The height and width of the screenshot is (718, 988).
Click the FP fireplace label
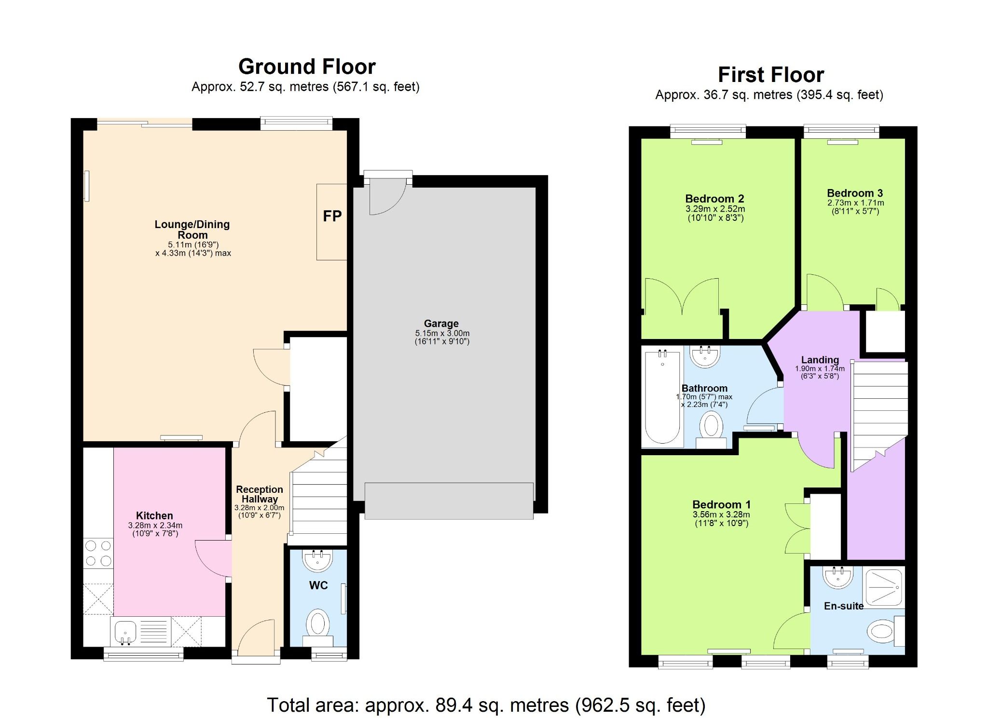(x=332, y=217)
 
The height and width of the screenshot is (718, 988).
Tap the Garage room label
(x=441, y=324)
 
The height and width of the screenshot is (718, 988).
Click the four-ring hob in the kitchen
(x=98, y=554)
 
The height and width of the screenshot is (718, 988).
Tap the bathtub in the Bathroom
(x=662, y=398)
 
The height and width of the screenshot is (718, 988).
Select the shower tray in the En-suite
(x=883, y=587)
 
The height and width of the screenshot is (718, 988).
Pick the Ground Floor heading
(x=307, y=67)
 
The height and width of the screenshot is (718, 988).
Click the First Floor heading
(x=770, y=75)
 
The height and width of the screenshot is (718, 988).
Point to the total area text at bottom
(x=486, y=705)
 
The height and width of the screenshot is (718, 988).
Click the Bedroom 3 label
(x=855, y=193)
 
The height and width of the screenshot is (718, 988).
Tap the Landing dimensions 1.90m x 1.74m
(x=820, y=369)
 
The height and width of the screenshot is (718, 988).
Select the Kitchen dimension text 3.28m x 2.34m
(x=155, y=526)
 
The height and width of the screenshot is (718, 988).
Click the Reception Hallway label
(x=259, y=494)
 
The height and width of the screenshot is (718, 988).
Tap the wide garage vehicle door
(x=449, y=501)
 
